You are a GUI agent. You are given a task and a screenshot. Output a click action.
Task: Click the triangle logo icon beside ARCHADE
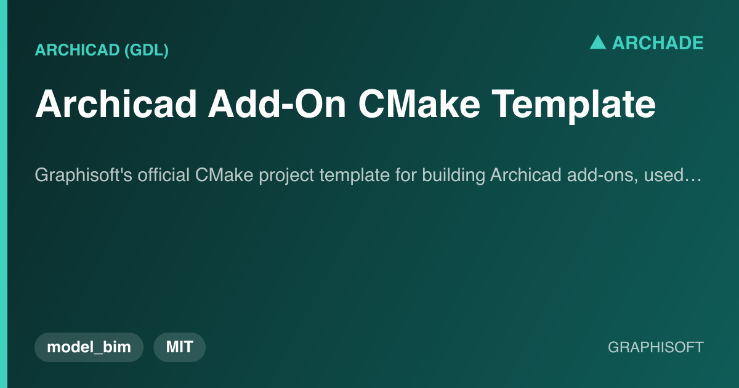point(598,42)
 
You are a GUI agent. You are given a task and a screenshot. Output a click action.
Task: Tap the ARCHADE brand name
point(658,43)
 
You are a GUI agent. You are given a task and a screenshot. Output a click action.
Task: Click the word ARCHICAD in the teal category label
point(77,50)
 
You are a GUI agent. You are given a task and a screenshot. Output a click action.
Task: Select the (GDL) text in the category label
point(147,50)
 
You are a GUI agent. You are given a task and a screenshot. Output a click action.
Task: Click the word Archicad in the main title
point(116,104)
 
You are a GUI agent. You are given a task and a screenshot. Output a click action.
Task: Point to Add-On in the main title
point(277,104)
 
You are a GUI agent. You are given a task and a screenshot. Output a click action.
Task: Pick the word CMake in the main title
point(419,104)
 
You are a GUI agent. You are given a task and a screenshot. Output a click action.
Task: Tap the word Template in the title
point(573,105)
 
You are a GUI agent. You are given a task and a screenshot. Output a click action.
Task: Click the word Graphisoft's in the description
point(84,175)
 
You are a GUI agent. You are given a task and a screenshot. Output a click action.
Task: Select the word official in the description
point(164,174)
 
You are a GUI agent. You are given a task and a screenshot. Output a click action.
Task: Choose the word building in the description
point(454,176)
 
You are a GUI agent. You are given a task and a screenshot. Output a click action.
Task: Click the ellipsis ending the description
point(693,180)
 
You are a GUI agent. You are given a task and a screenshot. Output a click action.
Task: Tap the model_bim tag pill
point(89,347)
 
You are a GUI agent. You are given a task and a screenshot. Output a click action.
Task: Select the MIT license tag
point(179,347)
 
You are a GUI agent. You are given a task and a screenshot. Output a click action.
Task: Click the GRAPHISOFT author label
point(656,347)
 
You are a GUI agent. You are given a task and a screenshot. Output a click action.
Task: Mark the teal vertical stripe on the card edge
point(4,194)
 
